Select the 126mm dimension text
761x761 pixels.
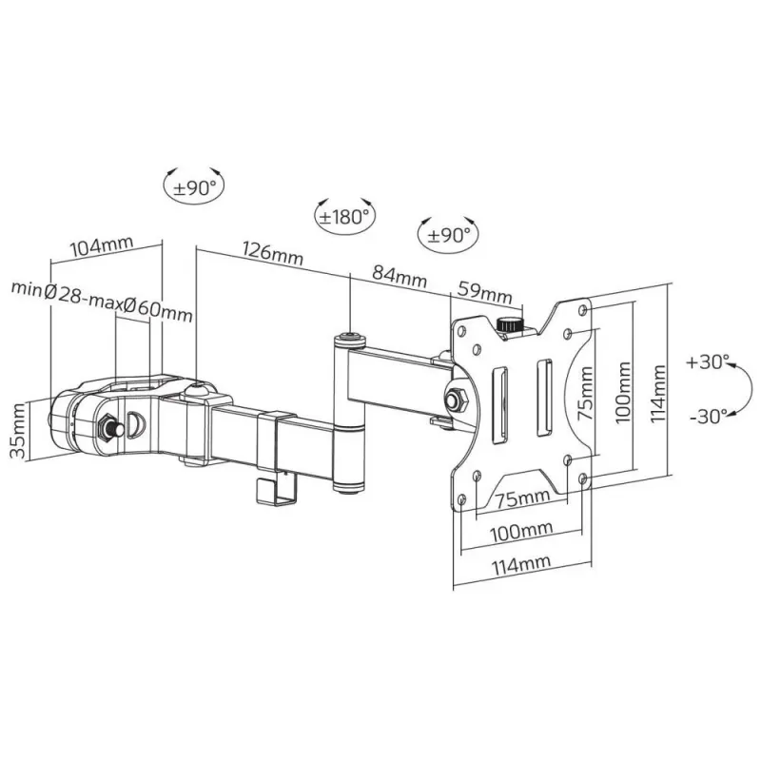(x=272, y=255)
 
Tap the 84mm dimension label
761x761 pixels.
(x=399, y=277)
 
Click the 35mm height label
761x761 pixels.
(x=18, y=431)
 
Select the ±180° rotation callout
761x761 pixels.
(x=344, y=216)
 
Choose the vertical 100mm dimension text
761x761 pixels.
(x=621, y=391)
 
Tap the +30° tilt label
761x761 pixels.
(x=707, y=362)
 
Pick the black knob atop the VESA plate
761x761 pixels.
(x=510, y=324)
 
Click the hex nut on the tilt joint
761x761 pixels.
(x=456, y=400)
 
